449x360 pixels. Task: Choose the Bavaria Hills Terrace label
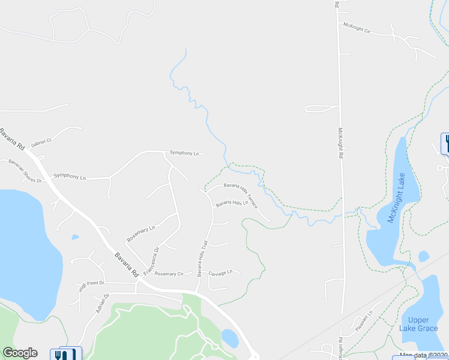click(x=241, y=196)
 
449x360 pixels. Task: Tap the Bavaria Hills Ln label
click(x=232, y=203)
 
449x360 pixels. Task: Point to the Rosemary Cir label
click(x=169, y=274)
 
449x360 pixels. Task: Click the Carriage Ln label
click(x=220, y=273)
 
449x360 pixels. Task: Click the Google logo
click(x=20, y=353)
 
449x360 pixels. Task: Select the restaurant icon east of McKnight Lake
click(x=445, y=143)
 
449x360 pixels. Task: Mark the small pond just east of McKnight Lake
click(x=424, y=256)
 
